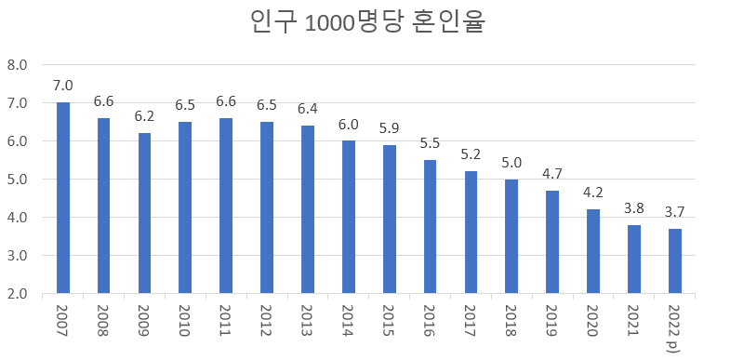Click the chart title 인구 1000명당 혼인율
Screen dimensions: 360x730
[x=369, y=22]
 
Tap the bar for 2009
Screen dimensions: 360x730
[x=144, y=213]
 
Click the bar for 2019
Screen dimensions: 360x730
[x=552, y=242]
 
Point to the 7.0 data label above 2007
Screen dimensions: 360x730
[x=63, y=87]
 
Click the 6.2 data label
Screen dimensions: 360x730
[x=144, y=117]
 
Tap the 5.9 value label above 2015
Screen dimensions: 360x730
[x=390, y=128]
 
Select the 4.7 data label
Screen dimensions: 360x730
[x=552, y=174]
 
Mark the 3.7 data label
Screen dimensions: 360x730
[x=674, y=212]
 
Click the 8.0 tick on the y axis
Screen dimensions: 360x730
[x=18, y=65]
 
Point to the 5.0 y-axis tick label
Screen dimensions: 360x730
[x=18, y=180]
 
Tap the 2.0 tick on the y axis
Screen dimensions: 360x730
[x=18, y=294]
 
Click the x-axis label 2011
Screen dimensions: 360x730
[x=226, y=319]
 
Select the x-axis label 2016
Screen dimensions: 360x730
[x=430, y=319]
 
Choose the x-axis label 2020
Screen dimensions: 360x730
[x=593, y=319]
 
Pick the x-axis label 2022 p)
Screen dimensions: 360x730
[x=674, y=326]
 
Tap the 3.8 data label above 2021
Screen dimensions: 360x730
[x=633, y=208]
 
